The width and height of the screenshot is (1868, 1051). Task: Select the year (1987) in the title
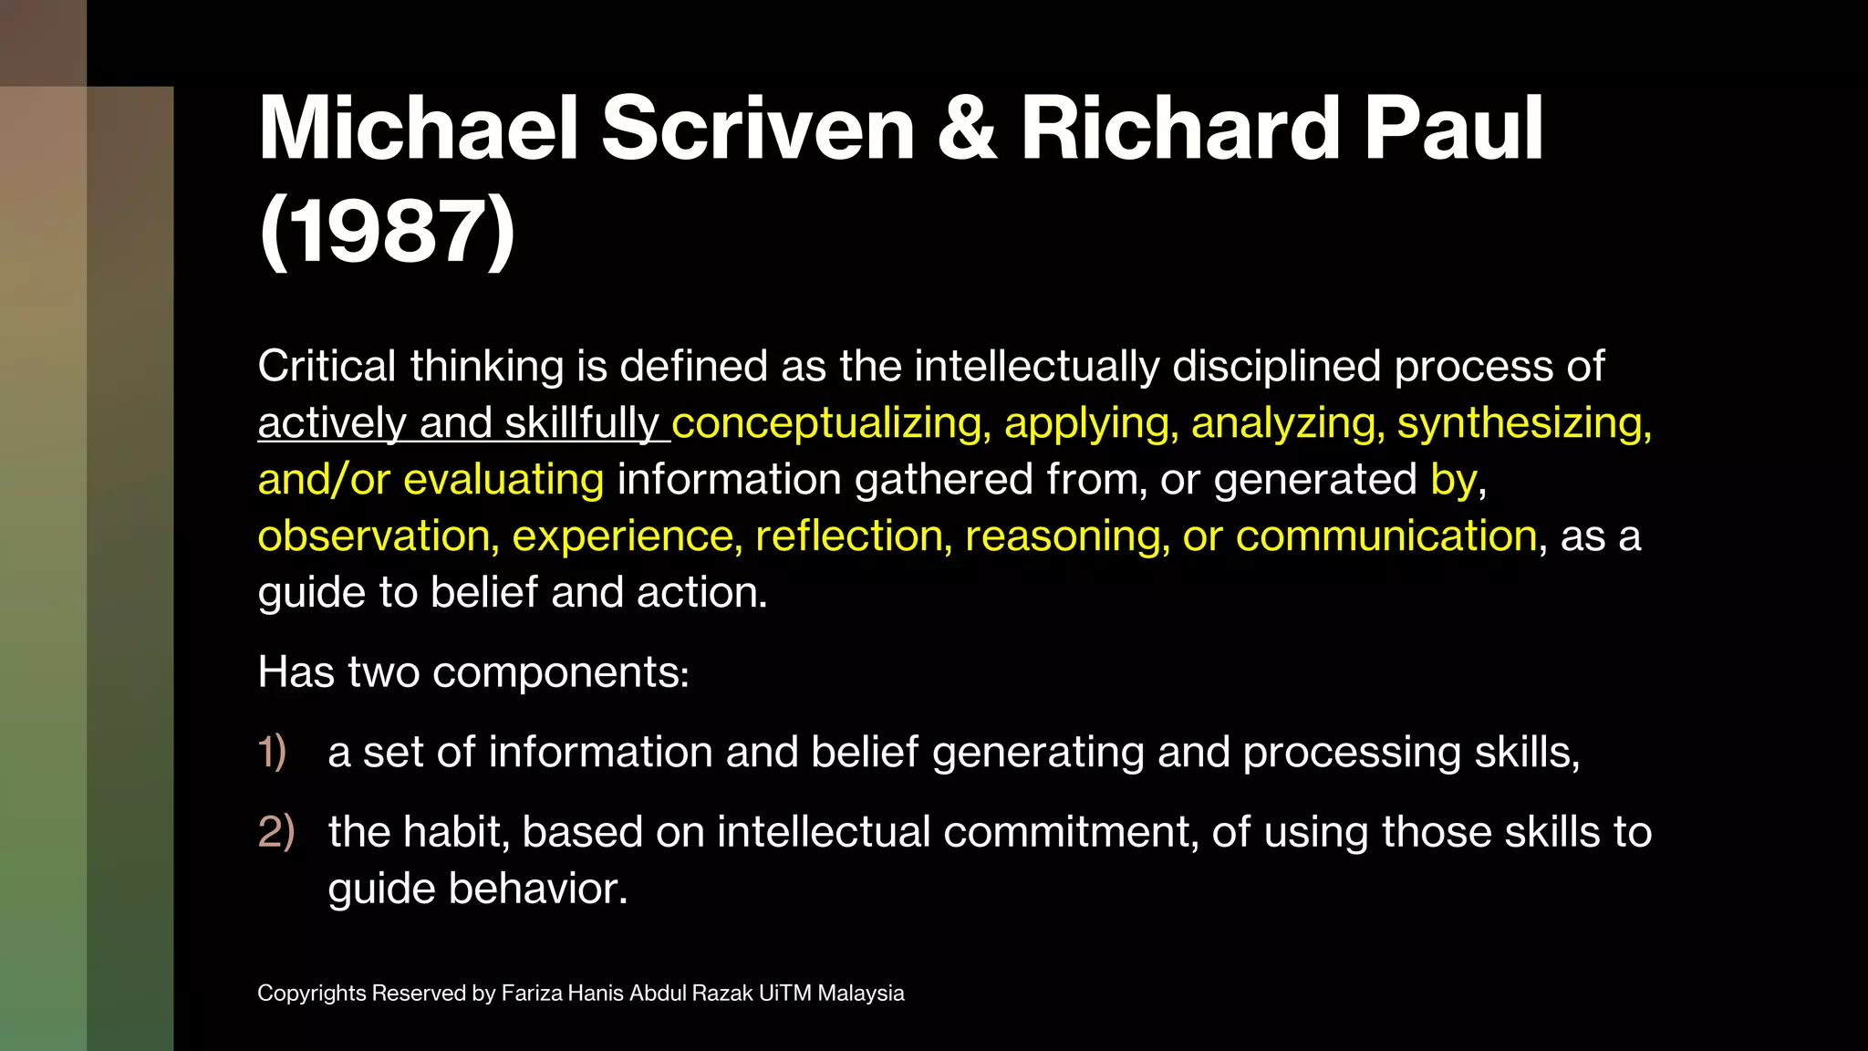point(387,232)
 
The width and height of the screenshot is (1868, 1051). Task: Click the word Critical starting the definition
point(327,366)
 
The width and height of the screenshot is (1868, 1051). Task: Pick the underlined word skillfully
point(581,423)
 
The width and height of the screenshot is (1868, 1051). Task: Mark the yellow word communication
point(1386,536)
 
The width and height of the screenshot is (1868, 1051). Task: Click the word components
point(560,672)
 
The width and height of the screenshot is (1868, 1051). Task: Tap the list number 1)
point(273,753)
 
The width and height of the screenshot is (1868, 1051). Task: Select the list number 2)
point(276,832)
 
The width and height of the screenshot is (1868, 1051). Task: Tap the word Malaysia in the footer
point(860,994)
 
